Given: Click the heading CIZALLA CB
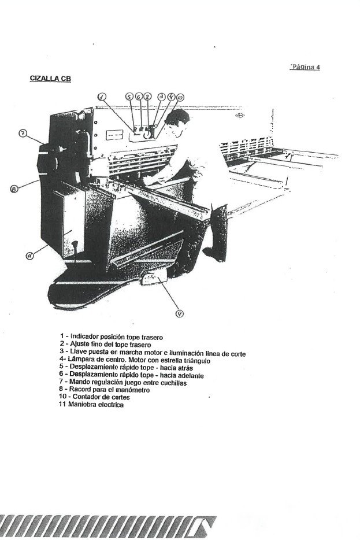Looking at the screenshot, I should [x=50, y=77].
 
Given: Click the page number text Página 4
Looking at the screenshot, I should [x=305, y=67].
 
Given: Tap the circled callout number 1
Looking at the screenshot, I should [x=102, y=97].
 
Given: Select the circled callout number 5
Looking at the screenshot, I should [x=129, y=97].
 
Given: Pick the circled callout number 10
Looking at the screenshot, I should [x=180, y=98].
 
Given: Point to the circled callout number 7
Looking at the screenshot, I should [x=22, y=134].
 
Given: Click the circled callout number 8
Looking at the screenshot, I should [x=13, y=187].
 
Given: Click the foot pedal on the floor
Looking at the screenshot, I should [x=152, y=279].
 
